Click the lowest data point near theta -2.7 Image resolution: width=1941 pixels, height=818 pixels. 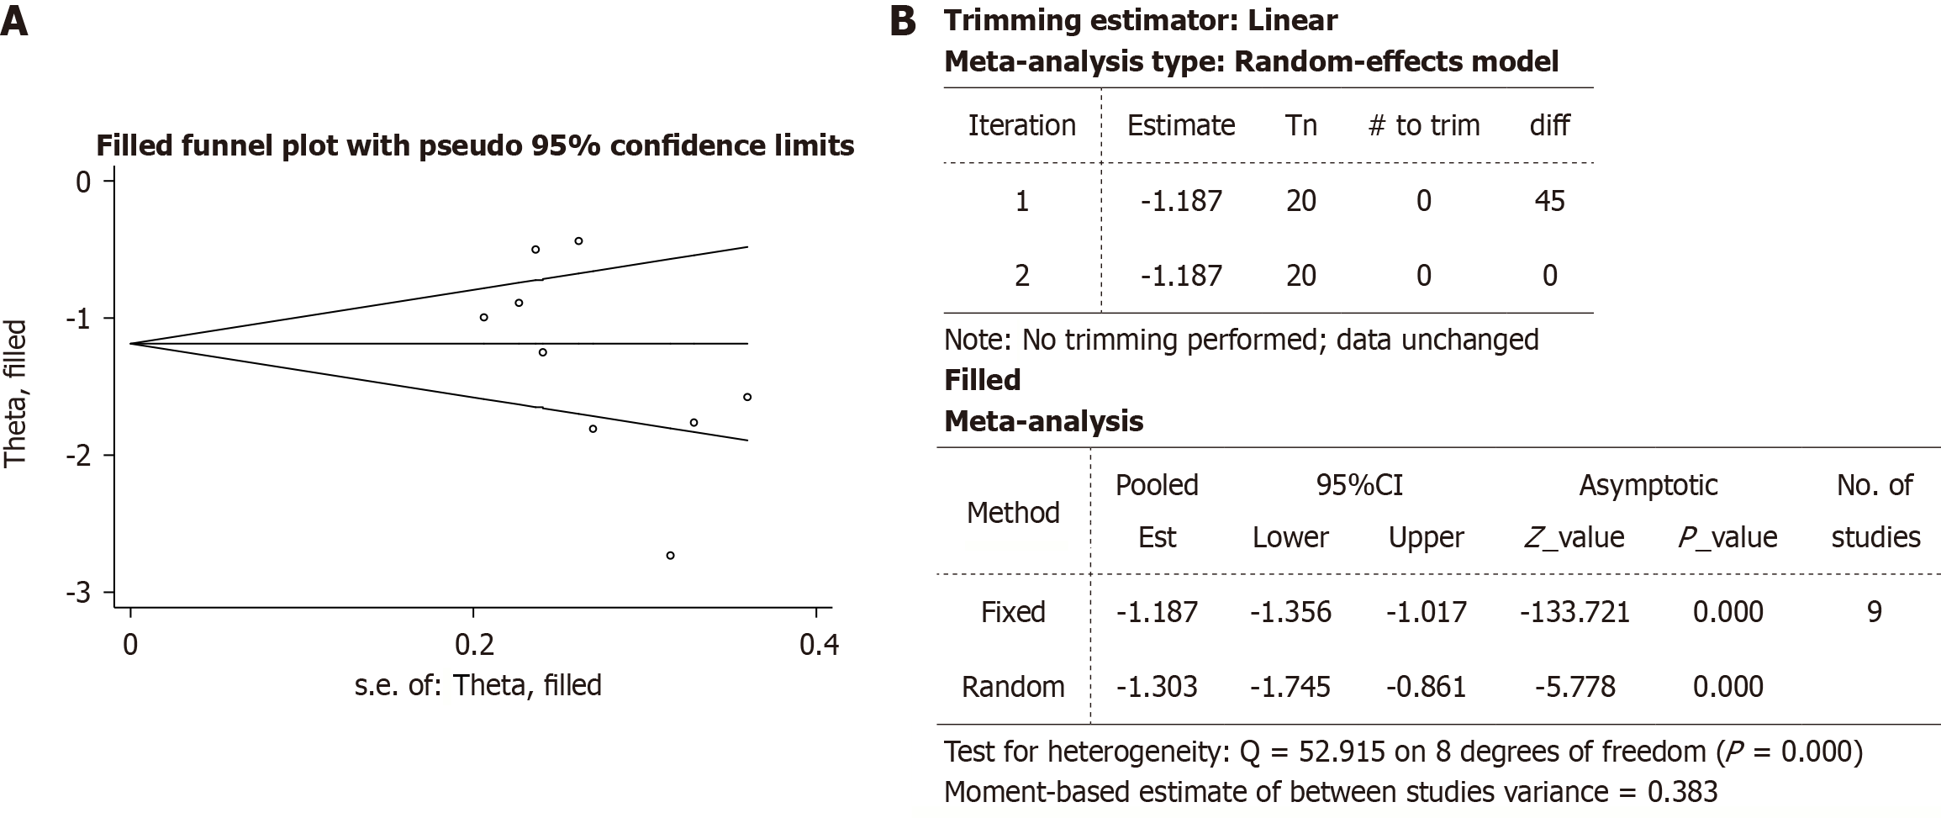click(x=670, y=556)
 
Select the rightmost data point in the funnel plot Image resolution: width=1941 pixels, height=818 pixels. click(x=747, y=397)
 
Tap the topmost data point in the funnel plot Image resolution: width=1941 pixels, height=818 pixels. click(x=578, y=241)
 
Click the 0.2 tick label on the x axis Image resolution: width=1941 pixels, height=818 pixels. click(x=474, y=645)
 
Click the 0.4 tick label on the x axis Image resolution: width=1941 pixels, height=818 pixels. click(x=819, y=645)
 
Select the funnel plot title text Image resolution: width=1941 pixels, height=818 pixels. click(x=475, y=146)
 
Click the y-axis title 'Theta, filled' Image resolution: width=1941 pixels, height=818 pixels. click(x=16, y=393)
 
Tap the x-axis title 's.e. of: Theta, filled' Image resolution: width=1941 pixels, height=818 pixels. click(x=477, y=685)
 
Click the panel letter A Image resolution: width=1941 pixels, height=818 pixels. click(x=14, y=21)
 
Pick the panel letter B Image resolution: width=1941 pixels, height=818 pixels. click(x=903, y=21)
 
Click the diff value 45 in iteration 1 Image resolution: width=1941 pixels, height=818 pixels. click(x=1549, y=201)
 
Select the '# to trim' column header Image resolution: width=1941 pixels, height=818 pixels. click(x=1424, y=125)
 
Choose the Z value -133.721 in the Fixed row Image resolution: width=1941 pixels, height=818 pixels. click(x=1574, y=611)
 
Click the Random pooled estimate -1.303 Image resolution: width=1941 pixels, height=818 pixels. click(x=1157, y=687)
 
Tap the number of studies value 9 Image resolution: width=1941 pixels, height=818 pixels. click(x=1874, y=611)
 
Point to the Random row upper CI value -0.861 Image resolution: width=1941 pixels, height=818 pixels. click(x=1426, y=687)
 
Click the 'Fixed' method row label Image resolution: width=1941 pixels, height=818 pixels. click(x=1013, y=611)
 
